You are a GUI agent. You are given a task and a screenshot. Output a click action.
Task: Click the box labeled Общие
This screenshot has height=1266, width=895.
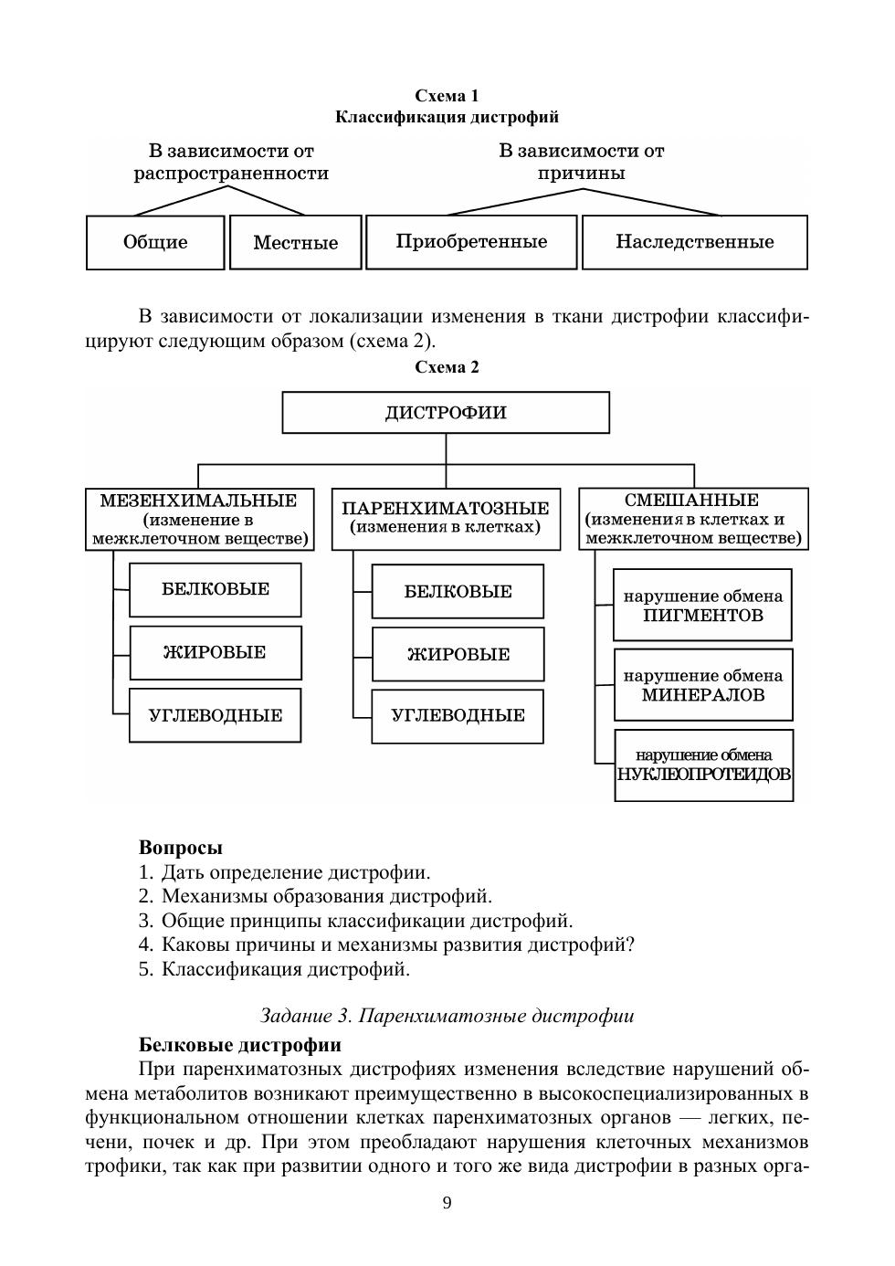click(155, 242)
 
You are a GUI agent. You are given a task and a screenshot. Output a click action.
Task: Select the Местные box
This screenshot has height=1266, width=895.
click(295, 242)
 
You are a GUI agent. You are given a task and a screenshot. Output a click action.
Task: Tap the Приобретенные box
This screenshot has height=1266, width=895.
click(471, 242)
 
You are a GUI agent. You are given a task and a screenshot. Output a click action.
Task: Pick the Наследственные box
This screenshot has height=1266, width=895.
click(694, 242)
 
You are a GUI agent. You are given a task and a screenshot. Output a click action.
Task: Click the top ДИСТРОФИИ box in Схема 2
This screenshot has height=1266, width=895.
click(446, 413)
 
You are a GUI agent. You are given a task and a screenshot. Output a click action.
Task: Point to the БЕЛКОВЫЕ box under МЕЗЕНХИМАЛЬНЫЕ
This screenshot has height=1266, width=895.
click(216, 589)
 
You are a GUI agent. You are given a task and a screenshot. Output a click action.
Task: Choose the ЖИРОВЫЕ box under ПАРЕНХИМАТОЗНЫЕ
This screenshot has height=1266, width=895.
click(458, 654)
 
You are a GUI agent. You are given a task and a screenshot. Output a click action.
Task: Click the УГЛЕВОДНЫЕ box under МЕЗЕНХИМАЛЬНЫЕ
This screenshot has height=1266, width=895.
click(216, 715)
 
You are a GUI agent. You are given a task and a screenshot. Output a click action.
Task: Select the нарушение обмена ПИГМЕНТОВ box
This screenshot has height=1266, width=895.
click(702, 606)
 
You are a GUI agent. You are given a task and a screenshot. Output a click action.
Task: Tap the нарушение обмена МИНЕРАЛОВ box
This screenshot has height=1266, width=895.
click(702, 685)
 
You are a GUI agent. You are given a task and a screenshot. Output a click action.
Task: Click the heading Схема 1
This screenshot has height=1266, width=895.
click(447, 96)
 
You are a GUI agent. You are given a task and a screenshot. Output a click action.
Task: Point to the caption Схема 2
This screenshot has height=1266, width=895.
click(447, 367)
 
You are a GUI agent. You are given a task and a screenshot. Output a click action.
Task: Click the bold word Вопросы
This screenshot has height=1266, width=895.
click(180, 848)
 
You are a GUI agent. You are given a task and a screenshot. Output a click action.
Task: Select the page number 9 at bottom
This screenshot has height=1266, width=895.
click(447, 1202)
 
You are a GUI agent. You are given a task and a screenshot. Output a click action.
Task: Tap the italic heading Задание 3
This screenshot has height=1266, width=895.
click(447, 1016)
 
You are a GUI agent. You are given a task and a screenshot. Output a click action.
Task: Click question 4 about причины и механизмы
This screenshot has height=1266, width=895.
click(386, 944)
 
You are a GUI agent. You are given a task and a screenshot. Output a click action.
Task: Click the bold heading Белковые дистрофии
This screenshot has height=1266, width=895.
click(240, 1045)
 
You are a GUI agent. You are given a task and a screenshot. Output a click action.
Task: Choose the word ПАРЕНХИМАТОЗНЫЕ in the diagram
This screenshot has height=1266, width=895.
click(446, 508)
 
